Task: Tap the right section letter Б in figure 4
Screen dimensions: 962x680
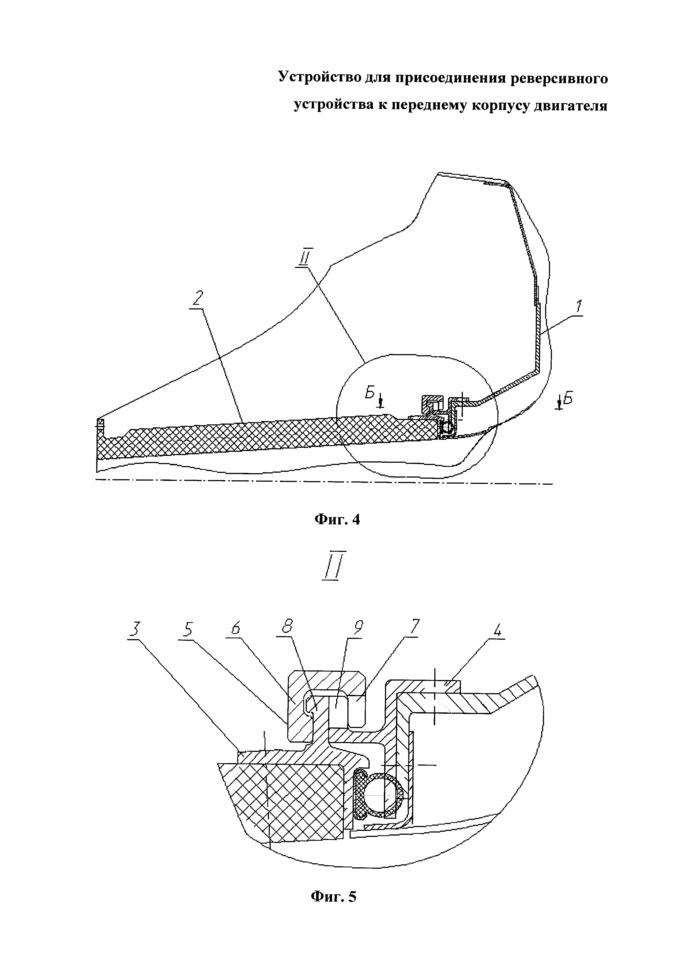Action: point(567,399)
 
